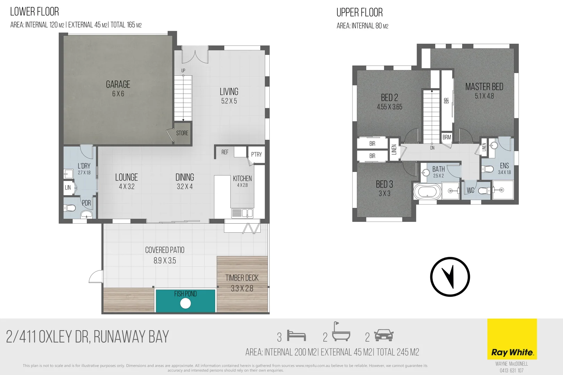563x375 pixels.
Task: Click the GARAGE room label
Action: [x=118, y=84]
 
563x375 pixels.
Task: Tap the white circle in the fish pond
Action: [x=186, y=303]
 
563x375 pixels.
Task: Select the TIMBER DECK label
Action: [x=242, y=278]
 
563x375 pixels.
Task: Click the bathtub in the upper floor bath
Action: [x=427, y=191]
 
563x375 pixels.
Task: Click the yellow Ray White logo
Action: [x=512, y=339]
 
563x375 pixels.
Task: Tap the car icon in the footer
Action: [x=384, y=335]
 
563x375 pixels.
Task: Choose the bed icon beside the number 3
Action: [x=296, y=336]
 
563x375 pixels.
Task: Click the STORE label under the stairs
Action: [x=182, y=133]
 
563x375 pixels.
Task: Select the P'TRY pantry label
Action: [x=256, y=155]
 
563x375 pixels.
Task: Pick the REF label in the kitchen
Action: [x=225, y=152]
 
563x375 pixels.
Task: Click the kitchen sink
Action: [x=242, y=213]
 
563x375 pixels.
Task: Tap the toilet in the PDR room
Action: [x=70, y=208]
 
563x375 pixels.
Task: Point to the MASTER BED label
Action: [x=484, y=87]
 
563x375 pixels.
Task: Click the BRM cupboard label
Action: [x=447, y=137]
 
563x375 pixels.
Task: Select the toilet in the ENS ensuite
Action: [x=488, y=169]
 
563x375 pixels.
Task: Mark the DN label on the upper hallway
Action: [x=432, y=148]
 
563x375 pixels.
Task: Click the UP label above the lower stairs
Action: [x=183, y=70]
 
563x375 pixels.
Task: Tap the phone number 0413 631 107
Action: [x=512, y=370]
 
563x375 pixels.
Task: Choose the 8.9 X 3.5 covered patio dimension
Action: [x=165, y=261]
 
